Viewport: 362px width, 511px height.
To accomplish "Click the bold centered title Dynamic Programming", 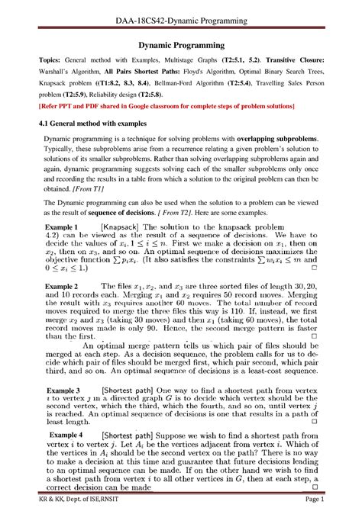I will pyautogui.click(x=180, y=46).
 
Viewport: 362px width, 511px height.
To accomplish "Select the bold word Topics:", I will pyautogui.click(x=39, y=66).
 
